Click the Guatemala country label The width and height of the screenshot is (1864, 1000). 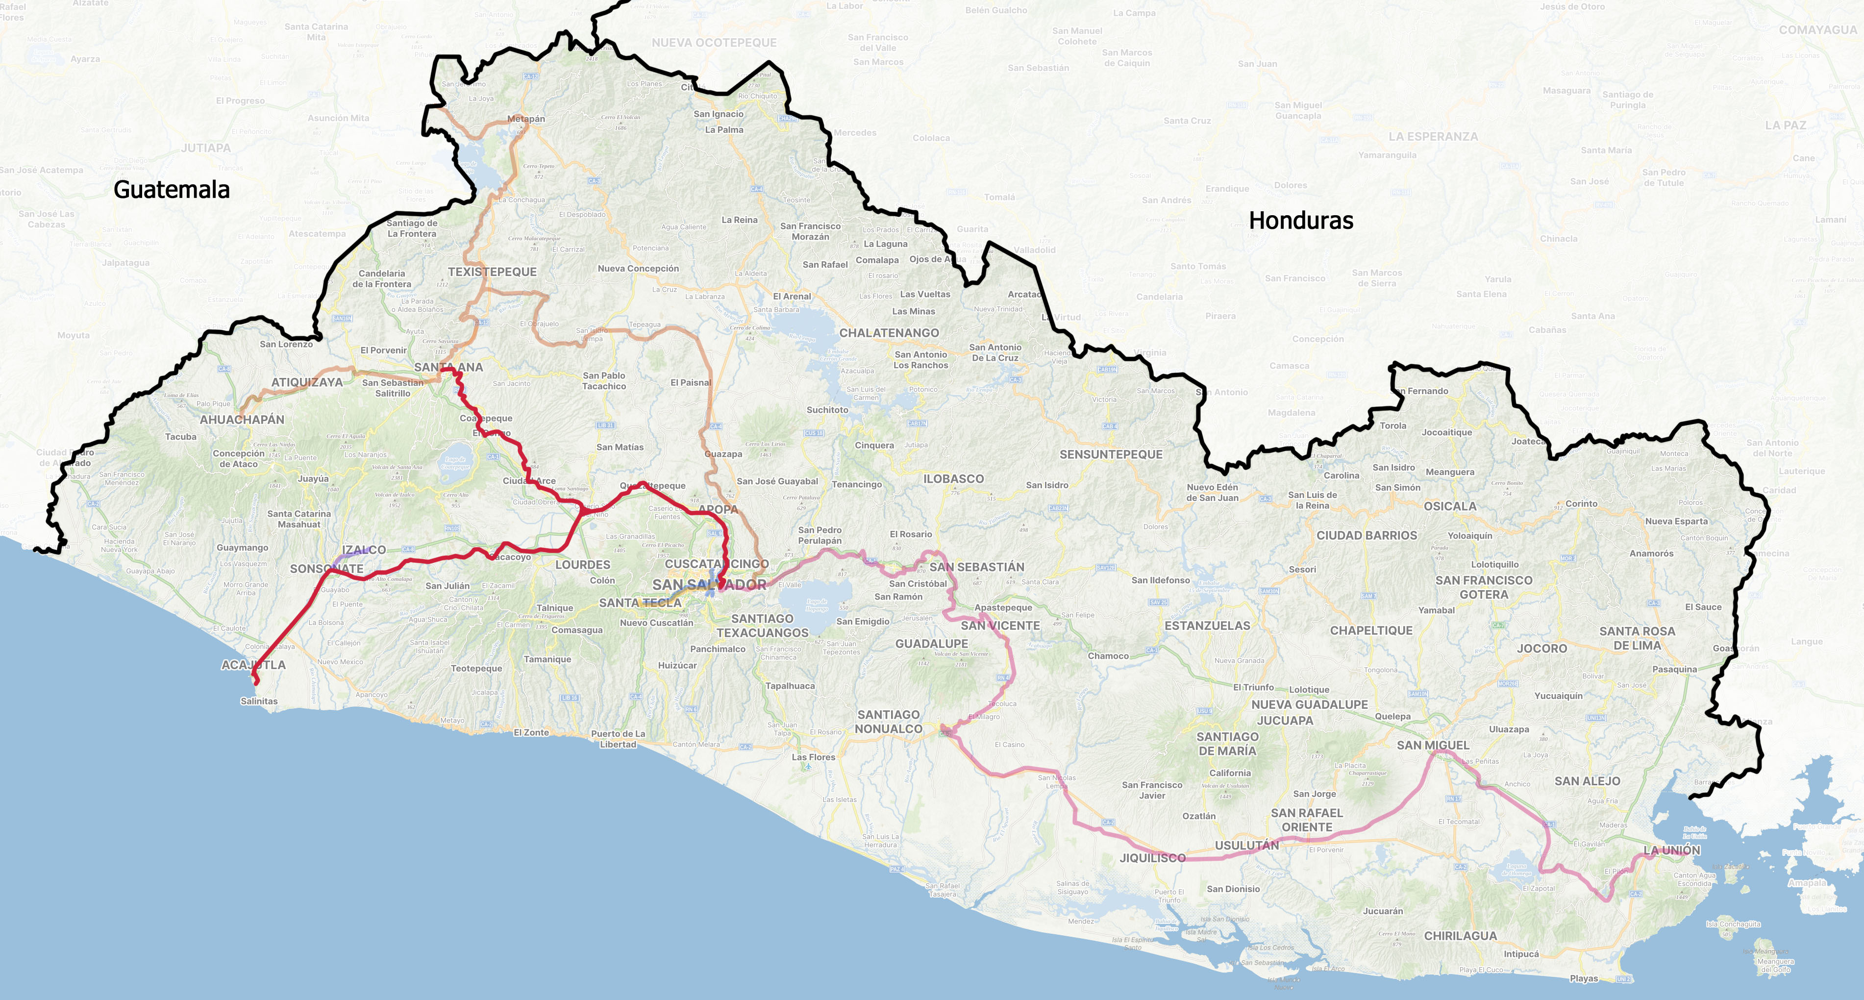[172, 190]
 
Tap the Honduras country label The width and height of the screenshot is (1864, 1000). [1300, 220]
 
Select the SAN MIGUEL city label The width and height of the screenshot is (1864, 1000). [1433, 745]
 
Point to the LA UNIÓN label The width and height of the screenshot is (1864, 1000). [1671, 850]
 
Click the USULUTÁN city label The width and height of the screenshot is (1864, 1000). [1246, 845]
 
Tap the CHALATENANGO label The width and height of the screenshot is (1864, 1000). [889, 333]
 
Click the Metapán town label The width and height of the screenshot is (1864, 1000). [526, 119]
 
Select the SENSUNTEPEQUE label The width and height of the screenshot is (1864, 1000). [1111, 454]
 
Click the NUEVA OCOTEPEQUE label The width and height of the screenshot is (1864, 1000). [714, 43]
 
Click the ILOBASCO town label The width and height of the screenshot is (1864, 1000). [953, 479]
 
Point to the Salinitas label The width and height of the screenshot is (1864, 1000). [258, 701]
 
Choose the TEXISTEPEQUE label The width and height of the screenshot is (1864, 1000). [492, 272]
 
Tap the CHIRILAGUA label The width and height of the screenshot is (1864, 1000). [1460, 936]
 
